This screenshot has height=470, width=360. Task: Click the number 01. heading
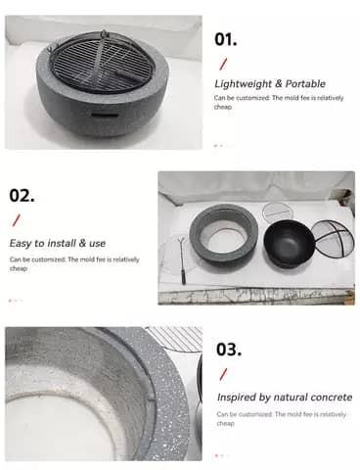pyautogui.click(x=225, y=39)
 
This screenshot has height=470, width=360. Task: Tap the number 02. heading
pyautogui.click(x=22, y=195)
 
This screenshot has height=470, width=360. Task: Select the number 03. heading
pyautogui.click(x=229, y=349)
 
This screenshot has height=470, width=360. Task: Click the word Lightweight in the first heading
pyautogui.click(x=244, y=84)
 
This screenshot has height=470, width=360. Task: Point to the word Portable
pyautogui.click(x=305, y=83)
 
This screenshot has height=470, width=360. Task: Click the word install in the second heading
pyautogui.click(x=62, y=243)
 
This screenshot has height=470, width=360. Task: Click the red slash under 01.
pyautogui.click(x=223, y=64)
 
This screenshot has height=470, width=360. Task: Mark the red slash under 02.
pyautogui.click(x=17, y=220)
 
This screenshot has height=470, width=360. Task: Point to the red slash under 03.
pyautogui.click(x=224, y=374)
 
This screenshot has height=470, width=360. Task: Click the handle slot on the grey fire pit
pyautogui.click(x=105, y=116)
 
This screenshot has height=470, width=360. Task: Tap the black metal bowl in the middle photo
pyautogui.click(x=288, y=243)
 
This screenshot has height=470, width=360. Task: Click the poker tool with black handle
pyautogui.click(x=182, y=261)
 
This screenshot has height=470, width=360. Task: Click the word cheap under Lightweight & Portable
pyautogui.click(x=223, y=107)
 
